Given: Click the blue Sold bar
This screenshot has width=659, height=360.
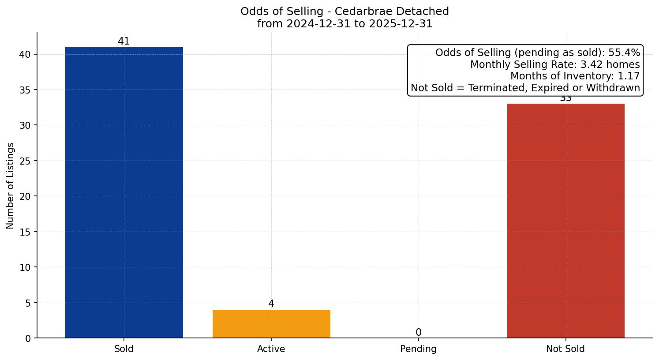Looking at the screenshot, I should (x=124, y=192).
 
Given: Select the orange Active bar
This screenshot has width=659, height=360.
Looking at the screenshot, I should (x=271, y=324).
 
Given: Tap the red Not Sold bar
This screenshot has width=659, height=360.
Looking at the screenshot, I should (x=565, y=221).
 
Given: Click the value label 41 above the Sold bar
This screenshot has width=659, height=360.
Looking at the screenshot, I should (x=124, y=41).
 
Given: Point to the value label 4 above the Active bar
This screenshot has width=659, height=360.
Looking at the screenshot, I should (x=271, y=304).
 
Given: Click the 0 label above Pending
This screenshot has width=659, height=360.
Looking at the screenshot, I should (x=418, y=333).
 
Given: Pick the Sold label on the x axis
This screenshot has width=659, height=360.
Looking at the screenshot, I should (x=124, y=349).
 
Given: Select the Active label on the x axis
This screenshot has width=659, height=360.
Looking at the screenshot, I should (x=271, y=349).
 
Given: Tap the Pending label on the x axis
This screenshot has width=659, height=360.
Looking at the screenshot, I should (x=418, y=349).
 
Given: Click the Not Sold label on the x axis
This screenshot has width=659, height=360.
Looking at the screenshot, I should (x=565, y=349).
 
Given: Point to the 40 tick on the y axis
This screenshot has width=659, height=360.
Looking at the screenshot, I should (x=25, y=54).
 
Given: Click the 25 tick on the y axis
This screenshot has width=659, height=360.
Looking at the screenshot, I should (x=25, y=161).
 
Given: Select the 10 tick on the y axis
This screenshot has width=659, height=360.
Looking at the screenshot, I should (x=25, y=267).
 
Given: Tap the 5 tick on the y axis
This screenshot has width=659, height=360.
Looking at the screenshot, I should (x=28, y=303).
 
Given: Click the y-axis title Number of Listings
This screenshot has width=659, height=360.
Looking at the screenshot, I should (x=11, y=186).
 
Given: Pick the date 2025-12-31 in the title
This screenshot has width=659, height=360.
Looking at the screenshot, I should (x=401, y=24).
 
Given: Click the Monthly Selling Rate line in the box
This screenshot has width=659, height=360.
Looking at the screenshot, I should (x=554, y=64).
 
